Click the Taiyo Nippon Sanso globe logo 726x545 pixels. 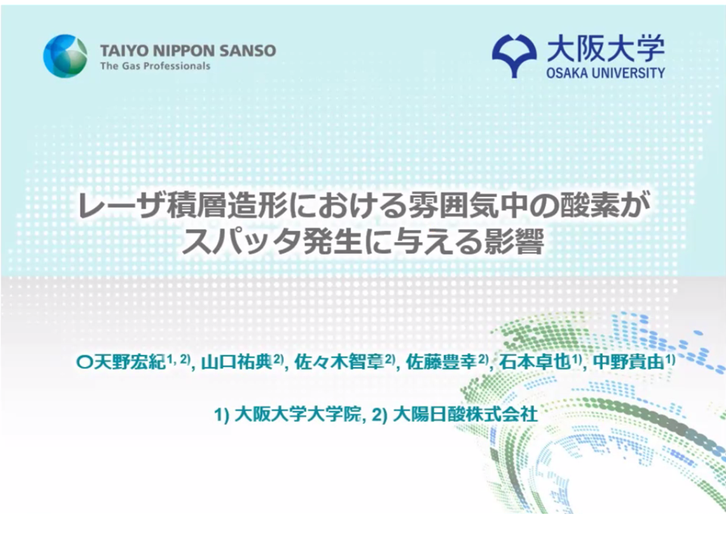pyautogui.click(x=65, y=56)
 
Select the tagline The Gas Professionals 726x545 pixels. pyautogui.click(x=155, y=66)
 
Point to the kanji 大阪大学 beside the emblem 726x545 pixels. pyautogui.click(x=606, y=48)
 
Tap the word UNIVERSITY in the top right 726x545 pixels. pyautogui.click(x=628, y=73)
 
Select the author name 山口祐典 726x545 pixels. pyautogui.click(x=237, y=362)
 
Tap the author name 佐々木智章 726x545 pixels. pyautogui.click(x=339, y=362)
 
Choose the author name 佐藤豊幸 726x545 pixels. pyautogui.click(x=441, y=362)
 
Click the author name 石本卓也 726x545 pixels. pyautogui.click(x=535, y=362)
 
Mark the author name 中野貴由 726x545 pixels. pyautogui.click(x=628, y=362)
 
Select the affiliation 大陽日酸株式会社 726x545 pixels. pyautogui.click(x=465, y=414)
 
